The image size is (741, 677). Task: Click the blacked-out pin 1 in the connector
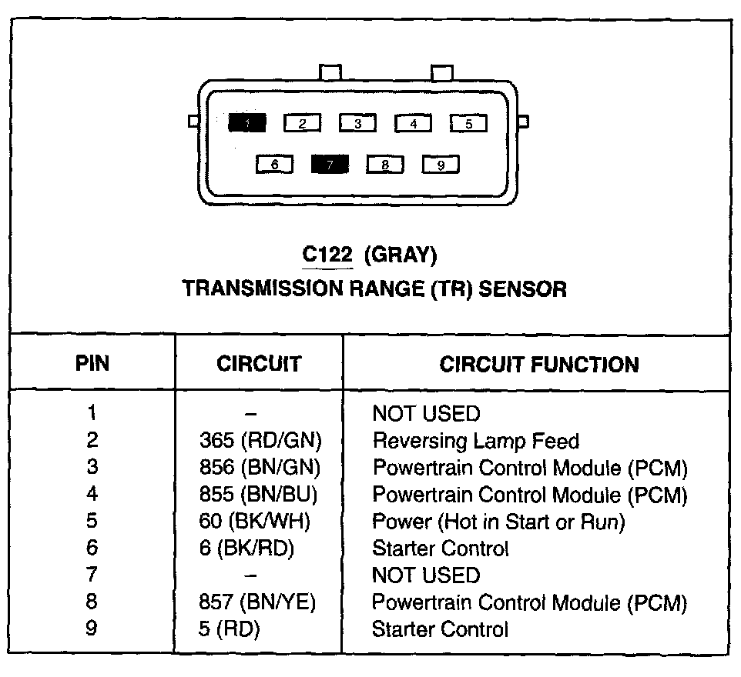tap(246, 122)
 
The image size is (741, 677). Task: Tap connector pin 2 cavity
tap(303, 123)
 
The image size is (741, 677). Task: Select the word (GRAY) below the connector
tap(401, 254)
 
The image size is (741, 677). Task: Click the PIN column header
tap(92, 364)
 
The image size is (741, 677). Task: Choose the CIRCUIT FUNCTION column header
tap(539, 364)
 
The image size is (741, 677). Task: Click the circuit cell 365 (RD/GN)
tap(260, 441)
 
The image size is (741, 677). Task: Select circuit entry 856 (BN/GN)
tap(260, 468)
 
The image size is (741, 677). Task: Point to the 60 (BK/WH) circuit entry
tap(254, 522)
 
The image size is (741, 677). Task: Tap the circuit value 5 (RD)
tap(229, 629)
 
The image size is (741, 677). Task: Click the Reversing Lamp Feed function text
tap(475, 441)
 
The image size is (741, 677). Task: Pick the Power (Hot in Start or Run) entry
tap(498, 522)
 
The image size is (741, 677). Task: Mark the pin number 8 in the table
tap(92, 602)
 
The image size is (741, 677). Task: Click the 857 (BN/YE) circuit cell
tap(257, 602)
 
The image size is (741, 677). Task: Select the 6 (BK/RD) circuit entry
tap(246, 549)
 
